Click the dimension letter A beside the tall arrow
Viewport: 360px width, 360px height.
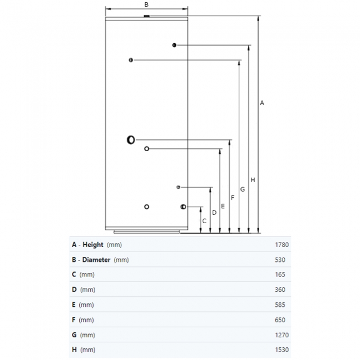pyautogui.click(x=262, y=103)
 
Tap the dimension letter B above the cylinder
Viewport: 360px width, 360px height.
pyautogui.click(x=146, y=4)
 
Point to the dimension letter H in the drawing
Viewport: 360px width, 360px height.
pyautogui.click(x=253, y=180)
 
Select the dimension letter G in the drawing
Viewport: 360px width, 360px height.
pyautogui.click(x=243, y=189)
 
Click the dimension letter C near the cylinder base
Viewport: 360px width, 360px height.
pyautogui.click(x=204, y=221)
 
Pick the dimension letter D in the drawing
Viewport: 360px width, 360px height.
pyautogui.click(x=214, y=213)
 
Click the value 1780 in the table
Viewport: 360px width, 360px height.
pyautogui.click(x=282, y=245)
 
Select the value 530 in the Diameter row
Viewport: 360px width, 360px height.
pyautogui.click(x=280, y=260)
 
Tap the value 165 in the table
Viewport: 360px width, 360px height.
pyautogui.click(x=280, y=275)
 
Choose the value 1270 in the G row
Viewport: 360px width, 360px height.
pyautogui.click(x=282, y=335)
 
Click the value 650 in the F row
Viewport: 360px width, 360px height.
pyautogui.click(x=280, y=320)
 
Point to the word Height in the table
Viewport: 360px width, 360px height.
pyautogui.click(x=93, y=245)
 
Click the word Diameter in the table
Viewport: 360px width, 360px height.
pyautogui.click(x=96, y=260)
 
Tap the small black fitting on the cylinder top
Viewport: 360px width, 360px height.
pyautogui.click(x=146, y=16)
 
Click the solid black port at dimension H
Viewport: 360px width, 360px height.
pyautogui.click(x=174, y=45)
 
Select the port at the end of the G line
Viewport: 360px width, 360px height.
pyautogui.click(x=131, y=60)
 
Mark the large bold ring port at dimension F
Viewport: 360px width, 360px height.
pyautogui.click(x=128, y=140)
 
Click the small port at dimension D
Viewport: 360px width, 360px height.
pyautogui.click(x=178, y=187)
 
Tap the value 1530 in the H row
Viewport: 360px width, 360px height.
pyautogui.click(x=282, y=350)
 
